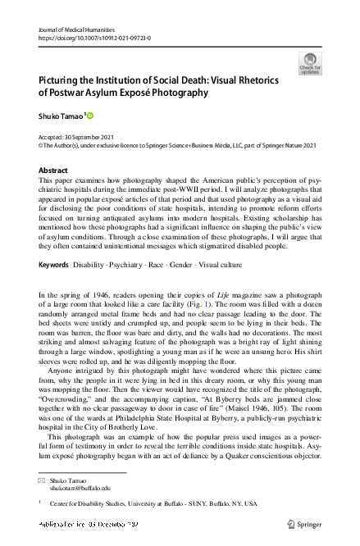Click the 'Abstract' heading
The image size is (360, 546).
coord(53,170)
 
